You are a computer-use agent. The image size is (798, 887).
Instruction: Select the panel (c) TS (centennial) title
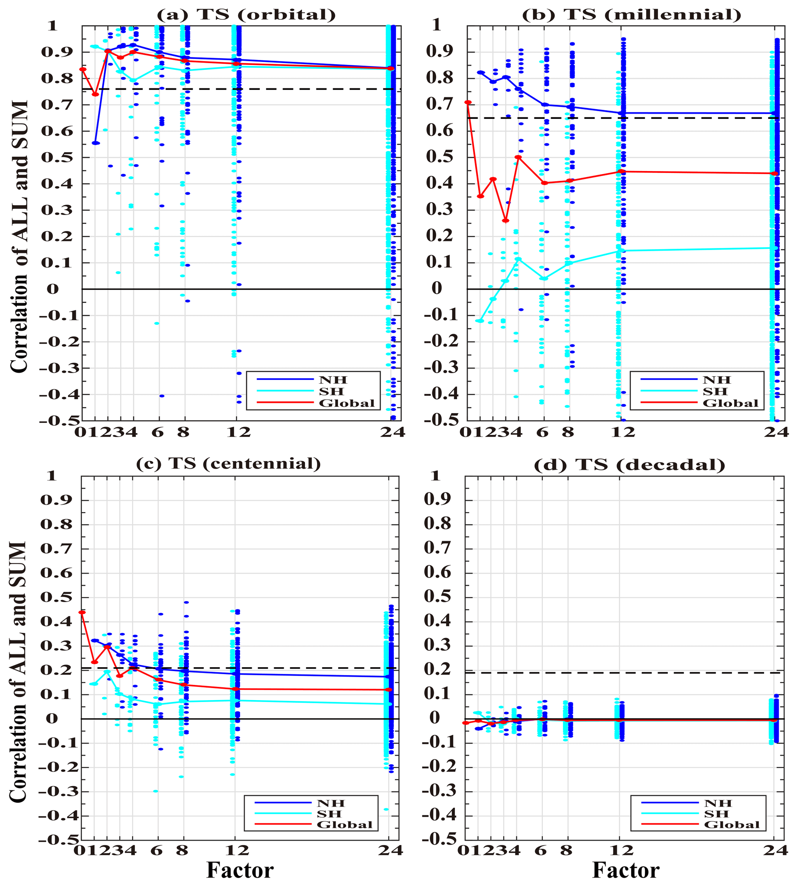(229, 463)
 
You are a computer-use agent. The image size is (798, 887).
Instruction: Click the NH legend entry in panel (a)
(333, 380)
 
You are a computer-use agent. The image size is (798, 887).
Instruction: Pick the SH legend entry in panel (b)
(715, 391)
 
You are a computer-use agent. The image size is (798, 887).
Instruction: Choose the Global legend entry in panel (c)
(345, 825)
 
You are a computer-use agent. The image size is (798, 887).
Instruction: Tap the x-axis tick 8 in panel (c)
(182, 851)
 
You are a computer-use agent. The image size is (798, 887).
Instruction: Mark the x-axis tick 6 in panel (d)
(542, 851)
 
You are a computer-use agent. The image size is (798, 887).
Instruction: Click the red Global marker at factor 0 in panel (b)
(468, 102)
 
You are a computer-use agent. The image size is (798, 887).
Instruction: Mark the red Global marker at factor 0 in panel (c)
(82, 612)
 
